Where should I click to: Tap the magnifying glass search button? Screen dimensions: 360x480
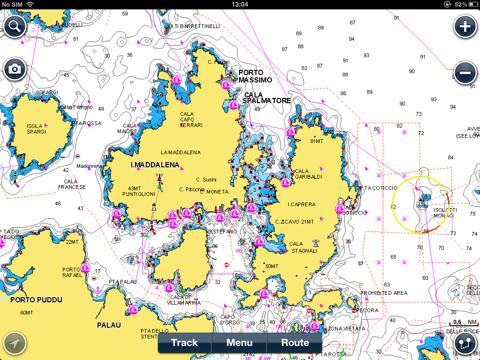tap(15, 26)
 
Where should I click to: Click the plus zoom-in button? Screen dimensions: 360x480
tap(465, 26)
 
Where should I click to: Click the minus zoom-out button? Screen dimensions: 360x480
tap(465, 73)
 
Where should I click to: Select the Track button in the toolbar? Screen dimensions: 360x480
tap(185, 343)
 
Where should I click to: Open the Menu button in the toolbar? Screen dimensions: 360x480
tap(240, 343)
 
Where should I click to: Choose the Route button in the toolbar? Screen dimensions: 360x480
tap(295, 343)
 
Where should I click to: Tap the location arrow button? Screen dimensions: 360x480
tap(15, 344)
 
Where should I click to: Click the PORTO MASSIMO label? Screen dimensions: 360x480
tap(255, 76)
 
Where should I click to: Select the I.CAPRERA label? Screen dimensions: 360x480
tap(301, 204)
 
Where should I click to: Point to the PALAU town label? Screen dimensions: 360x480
tap(109, 325)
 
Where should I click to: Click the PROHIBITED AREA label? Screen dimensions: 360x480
tap(384, 293)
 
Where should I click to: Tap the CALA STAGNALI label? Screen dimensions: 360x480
tap(303, 247)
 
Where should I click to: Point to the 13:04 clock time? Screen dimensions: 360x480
tap(240, 4)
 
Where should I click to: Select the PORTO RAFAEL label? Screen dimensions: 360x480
tap(72, 272)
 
